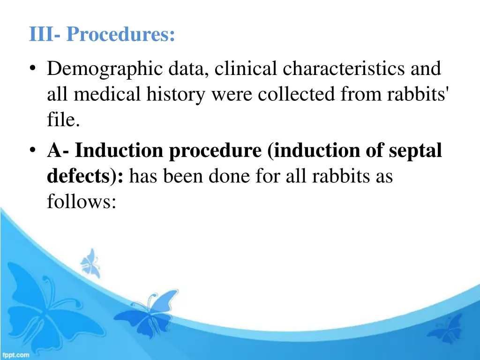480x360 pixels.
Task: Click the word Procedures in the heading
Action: click(121, 35)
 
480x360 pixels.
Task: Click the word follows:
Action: click(81, 203)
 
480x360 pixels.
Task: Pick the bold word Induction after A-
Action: click(120, 151)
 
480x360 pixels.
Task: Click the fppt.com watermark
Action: click(15, 355)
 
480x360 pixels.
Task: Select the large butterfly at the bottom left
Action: click(42, 305)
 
